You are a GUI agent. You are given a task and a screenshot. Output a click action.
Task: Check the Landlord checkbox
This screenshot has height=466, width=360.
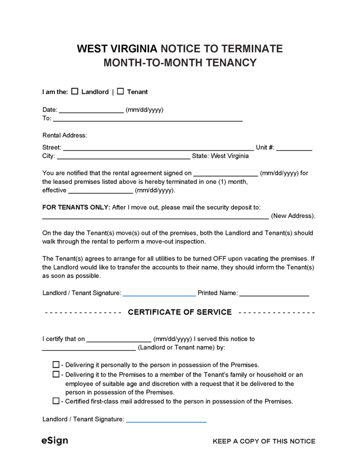pyautogui.click(x=75, y=91)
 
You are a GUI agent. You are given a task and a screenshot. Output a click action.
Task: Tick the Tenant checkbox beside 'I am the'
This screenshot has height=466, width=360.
pyautogui.click(x=120, y=91)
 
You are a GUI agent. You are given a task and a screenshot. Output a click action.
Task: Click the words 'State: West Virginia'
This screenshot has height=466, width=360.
pyautogui.click(x=220, y=156)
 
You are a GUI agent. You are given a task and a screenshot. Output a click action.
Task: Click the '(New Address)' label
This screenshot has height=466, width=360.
pyautogui.click(x=293, y=216)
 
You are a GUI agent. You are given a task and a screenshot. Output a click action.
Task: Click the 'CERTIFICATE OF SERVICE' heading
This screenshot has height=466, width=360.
pyautogui.click(x=180, y=312)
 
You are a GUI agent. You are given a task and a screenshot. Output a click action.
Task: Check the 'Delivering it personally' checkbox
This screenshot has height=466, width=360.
pyautogui.click(x=56, y=364)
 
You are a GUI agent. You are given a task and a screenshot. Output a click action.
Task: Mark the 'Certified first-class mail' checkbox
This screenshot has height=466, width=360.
pyautogui.click(x=56, y=401)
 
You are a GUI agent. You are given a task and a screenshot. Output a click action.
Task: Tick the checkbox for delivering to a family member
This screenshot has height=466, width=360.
pyautogui.click(x=56, y=374)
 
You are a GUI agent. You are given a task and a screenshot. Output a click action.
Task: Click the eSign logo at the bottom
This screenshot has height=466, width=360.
pyautogui.click(x=54, y=441)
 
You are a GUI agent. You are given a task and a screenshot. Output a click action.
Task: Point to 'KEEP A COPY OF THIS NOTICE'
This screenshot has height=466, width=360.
pyautogui.click(x=264, y=441)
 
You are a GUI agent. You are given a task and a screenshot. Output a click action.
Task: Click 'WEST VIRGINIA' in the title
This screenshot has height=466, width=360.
pyautogui.click(x=117, y=49)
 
